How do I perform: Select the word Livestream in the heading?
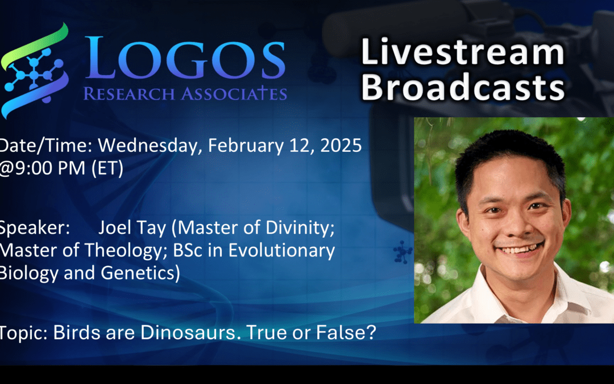tap(463, 52)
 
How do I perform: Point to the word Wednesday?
tap(149, 146)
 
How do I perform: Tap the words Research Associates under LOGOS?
tap(185, 93)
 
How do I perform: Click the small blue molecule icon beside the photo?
tap(403, 252)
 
